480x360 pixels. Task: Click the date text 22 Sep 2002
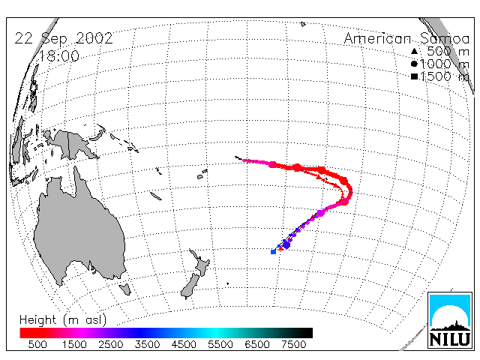click(64, 38)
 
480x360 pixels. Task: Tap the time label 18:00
click(59, 56)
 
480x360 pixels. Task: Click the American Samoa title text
click(406, 38)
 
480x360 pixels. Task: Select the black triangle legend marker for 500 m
click(414, 51)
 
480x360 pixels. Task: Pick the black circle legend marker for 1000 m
click(414, 64)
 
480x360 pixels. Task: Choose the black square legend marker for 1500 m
click(414, 76)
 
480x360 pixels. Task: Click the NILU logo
click(450, 320)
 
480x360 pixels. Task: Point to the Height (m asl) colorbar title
click(63, 320)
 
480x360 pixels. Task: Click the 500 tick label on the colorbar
click(37, 344)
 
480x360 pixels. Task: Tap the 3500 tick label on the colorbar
click(147, 344)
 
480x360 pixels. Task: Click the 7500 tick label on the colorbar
click(293, 344)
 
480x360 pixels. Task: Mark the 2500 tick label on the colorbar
click(111, 344)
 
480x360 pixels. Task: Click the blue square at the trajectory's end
click(273, 252)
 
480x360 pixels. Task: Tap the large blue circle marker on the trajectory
click(286, 244)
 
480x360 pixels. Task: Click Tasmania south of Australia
click(125, 289)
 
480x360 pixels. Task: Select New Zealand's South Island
click(190, 286)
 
